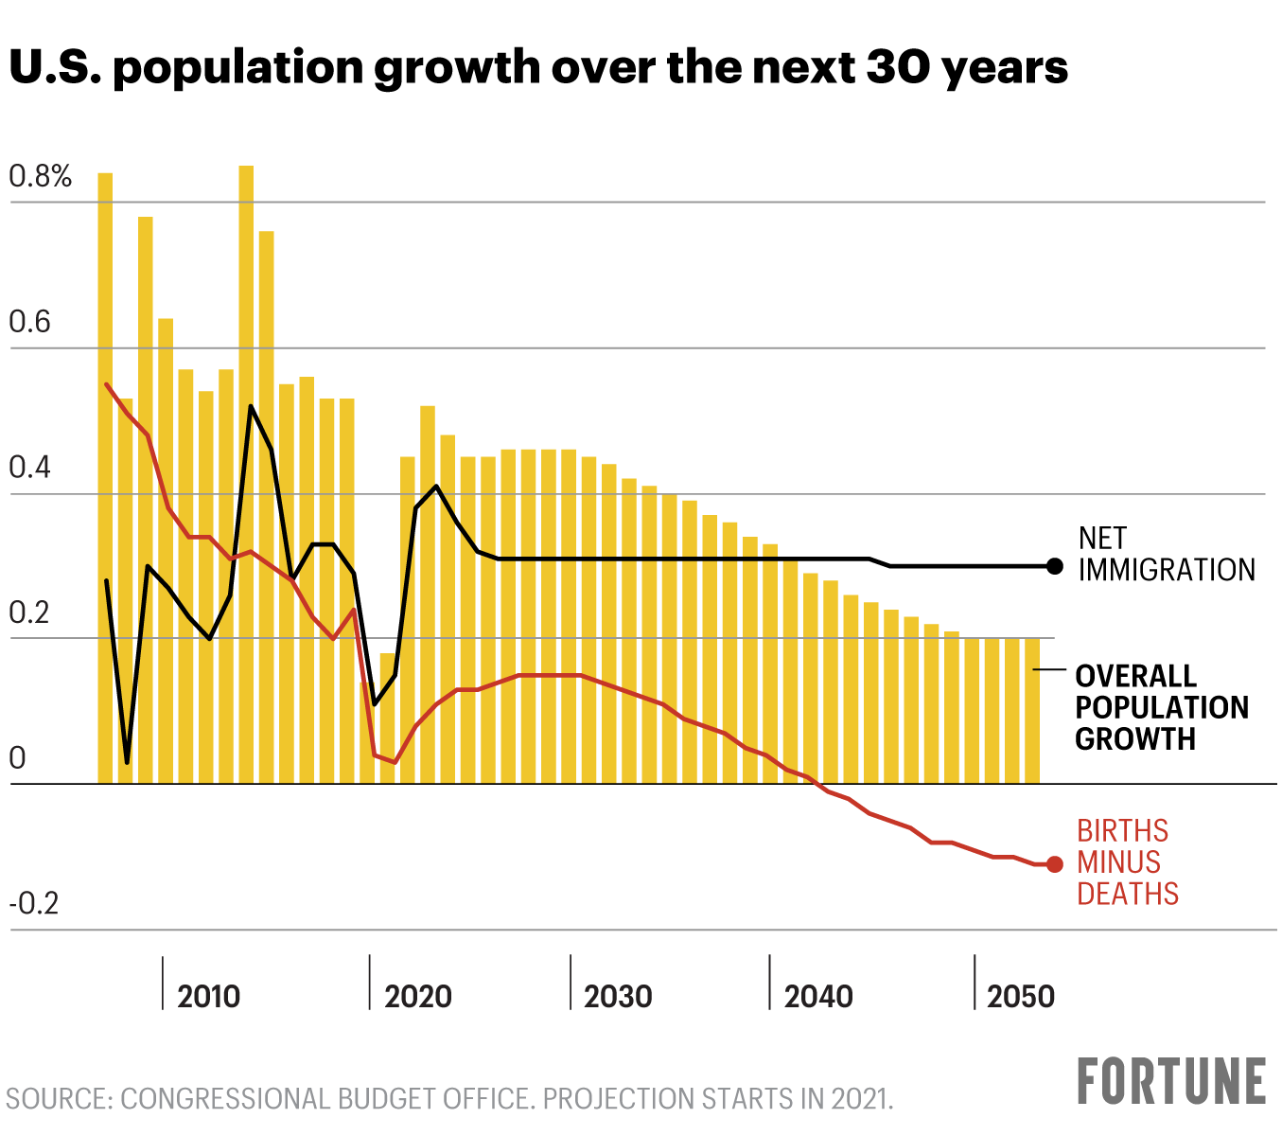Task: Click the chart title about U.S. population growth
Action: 537,68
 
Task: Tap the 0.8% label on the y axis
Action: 41,176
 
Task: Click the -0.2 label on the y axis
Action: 34,904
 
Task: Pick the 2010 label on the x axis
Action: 209,996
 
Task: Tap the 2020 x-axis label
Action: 418,996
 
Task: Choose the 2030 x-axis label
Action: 618,996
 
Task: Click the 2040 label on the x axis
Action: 818,996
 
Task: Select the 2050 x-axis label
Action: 1020,996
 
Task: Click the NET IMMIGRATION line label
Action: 1166,554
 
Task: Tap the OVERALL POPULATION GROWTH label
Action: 1161,707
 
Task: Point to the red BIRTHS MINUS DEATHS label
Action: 1127,862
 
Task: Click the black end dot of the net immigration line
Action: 1055,566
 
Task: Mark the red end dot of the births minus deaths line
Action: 1055,864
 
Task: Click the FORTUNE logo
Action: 1171,1082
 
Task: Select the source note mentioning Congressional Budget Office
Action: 449,1099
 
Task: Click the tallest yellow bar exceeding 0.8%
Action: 246,473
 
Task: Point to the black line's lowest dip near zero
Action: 127,761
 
